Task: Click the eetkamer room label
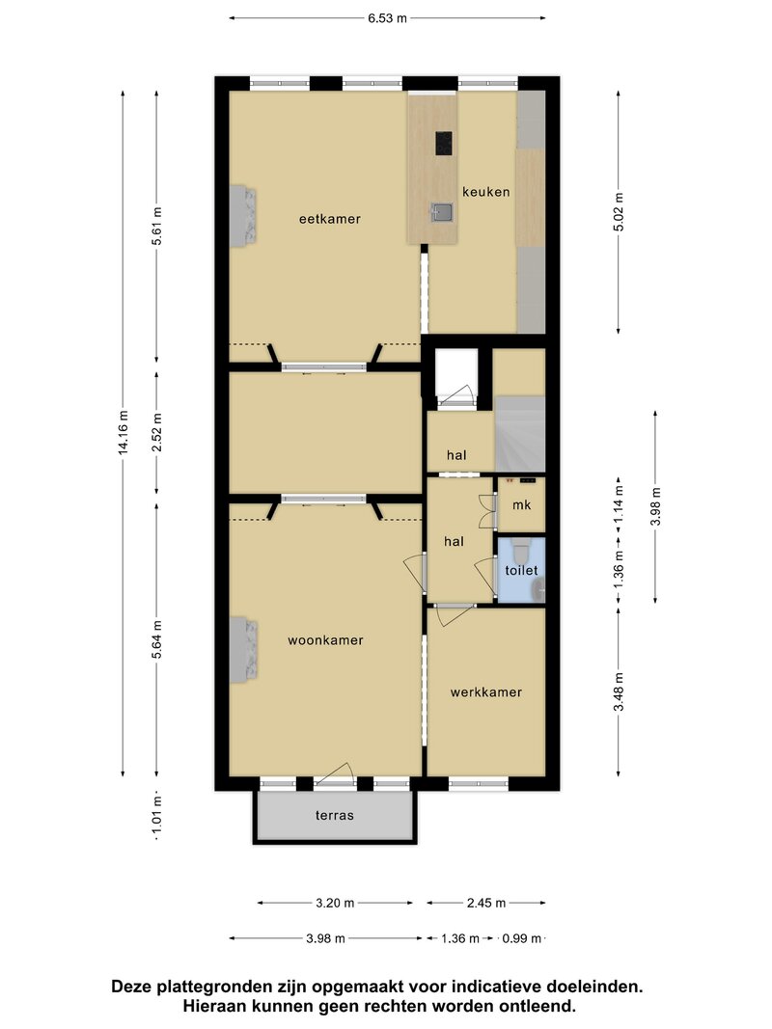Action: tap(329, 219)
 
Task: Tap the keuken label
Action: tap(485, 192)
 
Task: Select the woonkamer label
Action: tap(325, 639)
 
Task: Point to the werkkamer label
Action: tap(485, 691)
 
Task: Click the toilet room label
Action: tap(521, 570)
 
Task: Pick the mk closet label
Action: tap(521, 504)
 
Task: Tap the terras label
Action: tap(334, 815)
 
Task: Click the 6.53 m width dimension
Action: tap(387, 18)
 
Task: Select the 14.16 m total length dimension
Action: tap(123, 432)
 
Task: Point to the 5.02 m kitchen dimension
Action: tap(619, 211)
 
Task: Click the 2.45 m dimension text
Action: tap(486, 903)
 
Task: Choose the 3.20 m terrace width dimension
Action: tap(335, 903)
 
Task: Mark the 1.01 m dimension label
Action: tap(156, 817)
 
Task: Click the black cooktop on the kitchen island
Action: tap(444, 144)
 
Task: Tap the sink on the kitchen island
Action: tap(442, 212)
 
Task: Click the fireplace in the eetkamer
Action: tap(242, 215)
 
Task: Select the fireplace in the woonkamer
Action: tap(242, 648)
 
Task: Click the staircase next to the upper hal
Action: tap(519, 434)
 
